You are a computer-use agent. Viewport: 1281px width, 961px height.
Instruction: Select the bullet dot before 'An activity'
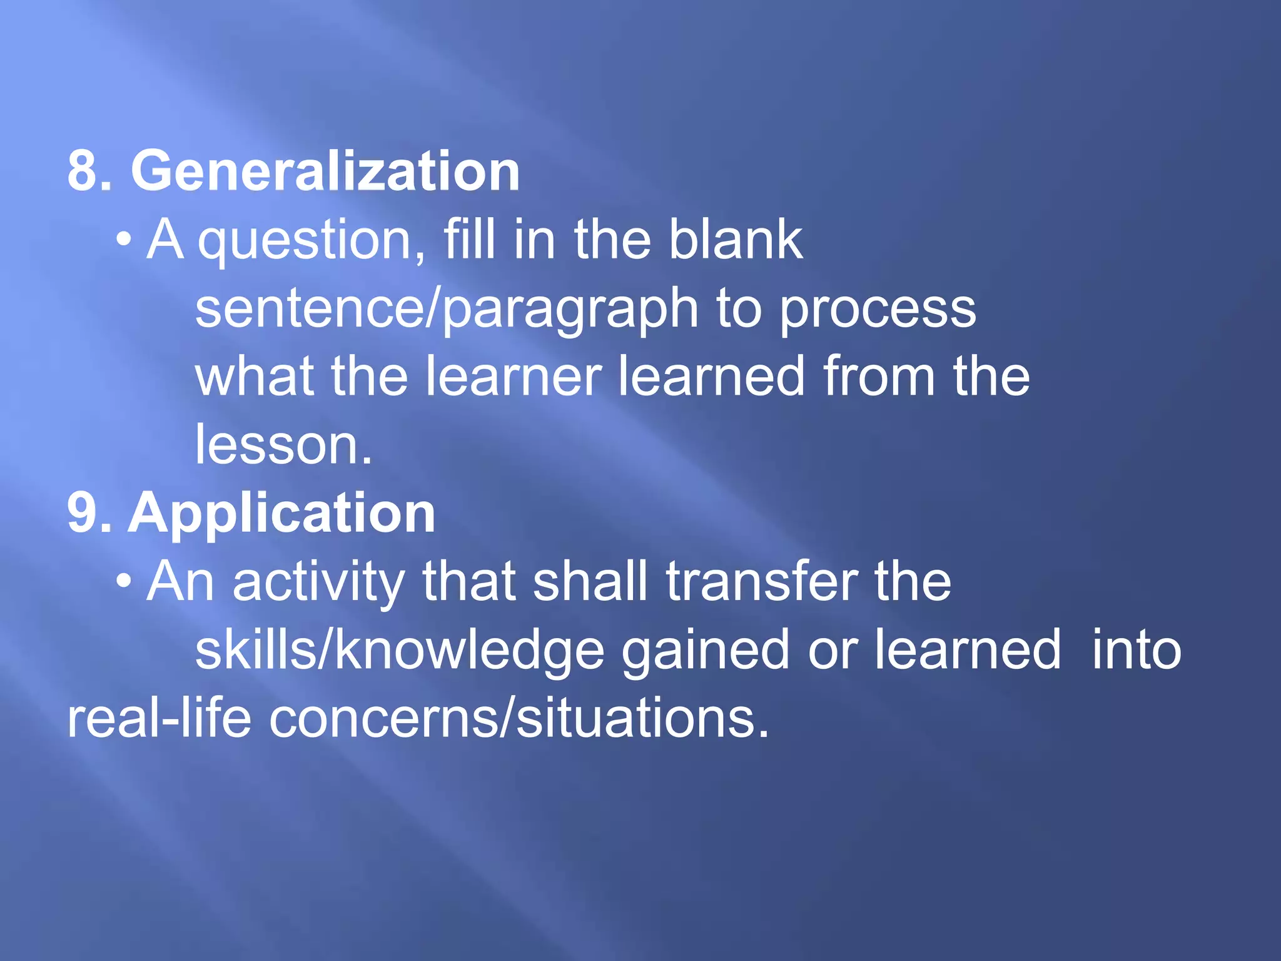point(124,582)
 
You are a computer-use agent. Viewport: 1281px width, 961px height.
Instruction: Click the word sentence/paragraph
point(447,309)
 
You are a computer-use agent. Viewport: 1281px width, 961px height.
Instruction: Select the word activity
point(319,583)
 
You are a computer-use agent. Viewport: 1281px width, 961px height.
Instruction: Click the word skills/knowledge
point(400,651)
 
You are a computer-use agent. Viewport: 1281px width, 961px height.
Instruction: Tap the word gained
point(705,651)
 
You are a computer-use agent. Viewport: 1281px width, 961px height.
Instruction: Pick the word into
point(1137,650)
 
